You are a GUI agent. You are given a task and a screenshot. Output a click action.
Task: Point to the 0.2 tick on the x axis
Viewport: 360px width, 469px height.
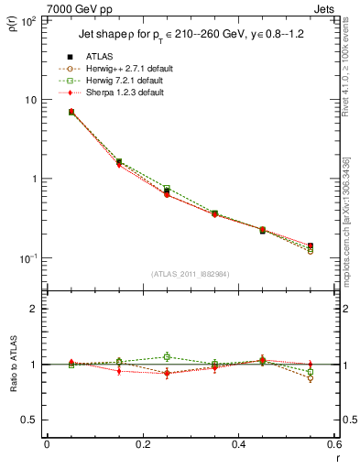[x=142, y=446]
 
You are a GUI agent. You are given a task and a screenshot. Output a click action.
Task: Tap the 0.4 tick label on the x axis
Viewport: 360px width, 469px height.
[x=238, y=446]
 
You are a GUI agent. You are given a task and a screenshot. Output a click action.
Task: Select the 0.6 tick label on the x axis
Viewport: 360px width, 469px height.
[x=333, y=446]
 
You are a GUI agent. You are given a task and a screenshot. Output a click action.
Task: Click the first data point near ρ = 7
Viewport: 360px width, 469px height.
[x=71, y=112]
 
